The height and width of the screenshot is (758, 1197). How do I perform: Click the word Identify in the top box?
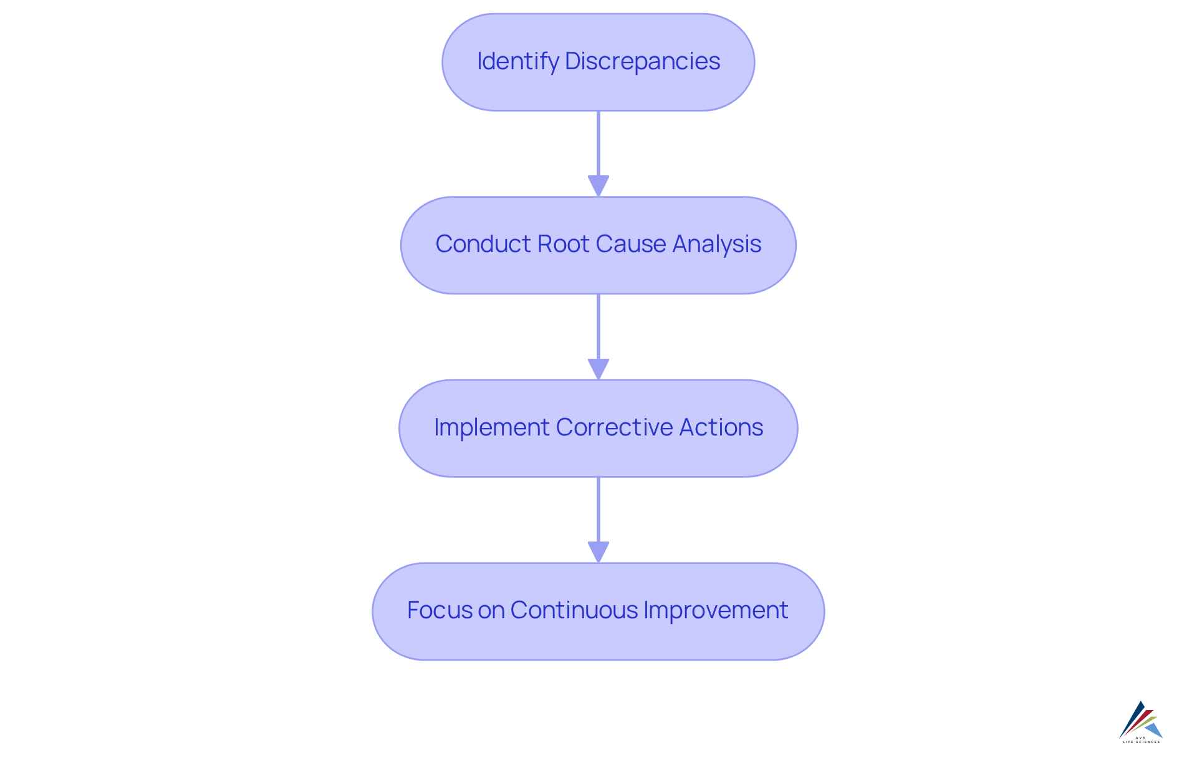(x=517, y=61)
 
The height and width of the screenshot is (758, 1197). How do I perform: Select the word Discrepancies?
(x=642, y=61)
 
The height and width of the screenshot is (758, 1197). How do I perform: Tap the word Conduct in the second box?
(x=483, y=244)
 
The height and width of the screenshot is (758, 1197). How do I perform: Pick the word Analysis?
(x=717, y=244)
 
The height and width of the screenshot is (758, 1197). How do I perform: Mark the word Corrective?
(x=614, y=427)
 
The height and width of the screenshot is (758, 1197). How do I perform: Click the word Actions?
(x=721, y=427)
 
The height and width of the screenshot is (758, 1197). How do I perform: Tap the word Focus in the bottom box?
(x=440, y=610)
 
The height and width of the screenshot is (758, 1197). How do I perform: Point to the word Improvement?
(x=716, y=610)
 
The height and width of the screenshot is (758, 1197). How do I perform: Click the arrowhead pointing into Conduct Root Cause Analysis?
(x=598, y=185)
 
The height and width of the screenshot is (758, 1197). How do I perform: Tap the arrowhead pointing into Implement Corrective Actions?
(x=598, y=369)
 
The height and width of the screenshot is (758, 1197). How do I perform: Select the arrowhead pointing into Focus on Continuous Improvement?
(x=598, y=551)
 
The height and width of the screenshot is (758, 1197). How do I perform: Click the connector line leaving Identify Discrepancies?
(x=598, y=143)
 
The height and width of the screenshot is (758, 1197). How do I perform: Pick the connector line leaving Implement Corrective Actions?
(x=598, y=509)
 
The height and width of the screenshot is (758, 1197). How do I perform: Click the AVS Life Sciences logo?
(x=1141, y=722)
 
